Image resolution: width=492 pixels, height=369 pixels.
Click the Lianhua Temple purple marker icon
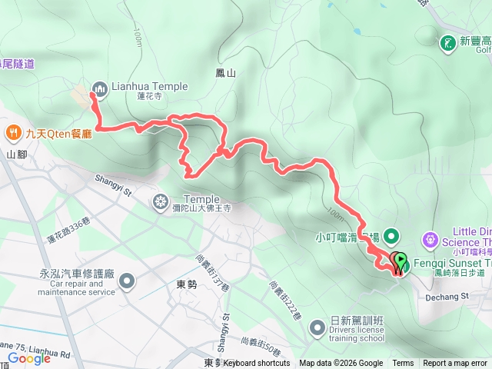99,87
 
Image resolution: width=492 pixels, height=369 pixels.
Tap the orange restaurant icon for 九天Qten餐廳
13,132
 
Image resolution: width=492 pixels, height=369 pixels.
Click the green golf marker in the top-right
448,42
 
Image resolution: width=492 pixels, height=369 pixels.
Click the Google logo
28,357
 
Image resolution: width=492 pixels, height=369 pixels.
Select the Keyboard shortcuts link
257,364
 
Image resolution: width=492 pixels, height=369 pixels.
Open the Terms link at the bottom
403,364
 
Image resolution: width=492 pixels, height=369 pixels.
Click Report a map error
454,364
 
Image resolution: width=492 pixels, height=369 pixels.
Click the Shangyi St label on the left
114,181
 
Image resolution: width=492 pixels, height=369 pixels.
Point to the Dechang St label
447,274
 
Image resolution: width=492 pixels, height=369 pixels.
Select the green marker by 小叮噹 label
391,236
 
